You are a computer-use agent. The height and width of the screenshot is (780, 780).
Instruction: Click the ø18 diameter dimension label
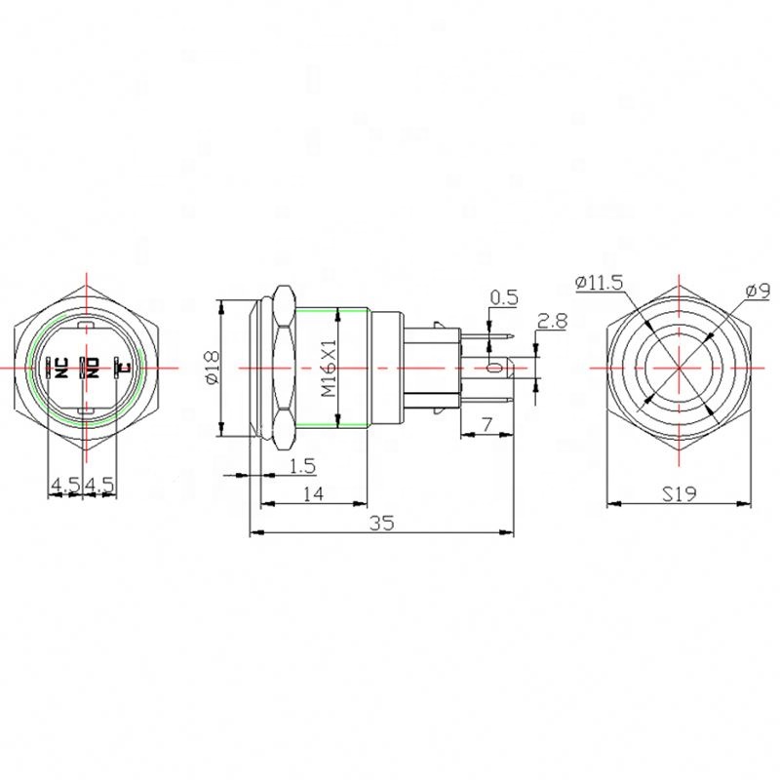pyautogui.click(x=213, y=369)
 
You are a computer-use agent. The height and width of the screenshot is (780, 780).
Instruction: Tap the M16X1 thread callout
pyautogui.click(x=329, y=369)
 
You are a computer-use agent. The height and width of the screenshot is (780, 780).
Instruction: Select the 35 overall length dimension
pyautogui.click(x=382, y=523)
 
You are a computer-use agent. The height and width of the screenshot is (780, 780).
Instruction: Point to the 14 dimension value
pyautogui.click(x=313, y=494)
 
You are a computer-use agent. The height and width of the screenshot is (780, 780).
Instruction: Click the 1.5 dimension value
pyautogui.click(x=302, y=466)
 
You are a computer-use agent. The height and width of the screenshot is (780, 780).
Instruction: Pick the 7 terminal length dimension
pyautogui.click(x=487, y=425)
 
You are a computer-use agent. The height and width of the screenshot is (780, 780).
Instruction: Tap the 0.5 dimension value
pyautogui.click(x=504, y=297)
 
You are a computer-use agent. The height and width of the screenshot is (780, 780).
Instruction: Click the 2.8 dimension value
pyautogui.click(x=552, y=322)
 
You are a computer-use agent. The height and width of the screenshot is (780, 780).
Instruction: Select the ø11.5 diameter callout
pyautogui.click(x=599, y=283)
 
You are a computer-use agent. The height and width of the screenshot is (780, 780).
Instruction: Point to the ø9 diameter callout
pyautogui.click(x=759, y=291)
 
